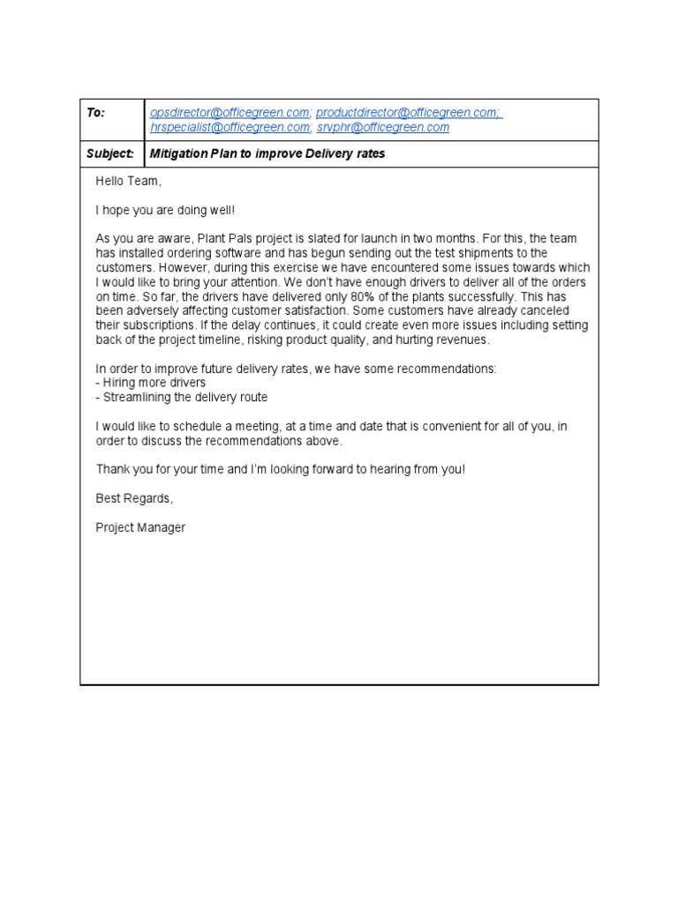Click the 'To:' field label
(x=95, y=113)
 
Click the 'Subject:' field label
(x=110, y=153)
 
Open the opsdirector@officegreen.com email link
(x=230, y=113)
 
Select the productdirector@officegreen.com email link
(x=409, y=113)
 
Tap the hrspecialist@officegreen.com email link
(x=230, y=127)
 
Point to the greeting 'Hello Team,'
(x=129, y=181)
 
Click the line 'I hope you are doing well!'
(x=166, y=210)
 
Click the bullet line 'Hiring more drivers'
(x=151, y=383)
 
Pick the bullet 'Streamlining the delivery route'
(x=181, y=397)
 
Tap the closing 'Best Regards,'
(x=134, y=498)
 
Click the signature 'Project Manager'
(x=140, y=527)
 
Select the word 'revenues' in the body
(x=460, y=340)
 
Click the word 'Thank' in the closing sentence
(x=112, y=469)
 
